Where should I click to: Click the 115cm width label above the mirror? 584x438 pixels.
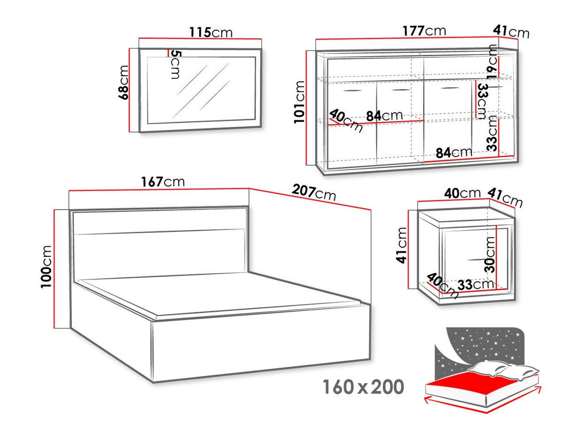point(211,32)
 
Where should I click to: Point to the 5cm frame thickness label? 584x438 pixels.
point(174,65)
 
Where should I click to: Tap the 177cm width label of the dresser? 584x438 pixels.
point(424,31)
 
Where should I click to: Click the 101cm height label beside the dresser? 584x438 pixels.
point(299,102)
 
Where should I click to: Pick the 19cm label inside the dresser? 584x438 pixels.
point(492,61)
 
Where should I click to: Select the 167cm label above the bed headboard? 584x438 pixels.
point(162,181)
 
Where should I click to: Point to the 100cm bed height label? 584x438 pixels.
point(47,267)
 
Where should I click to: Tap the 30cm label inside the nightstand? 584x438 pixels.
point(490,253)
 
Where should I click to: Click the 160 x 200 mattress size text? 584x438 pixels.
point(363,387)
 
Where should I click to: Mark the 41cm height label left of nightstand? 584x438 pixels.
point(402,246)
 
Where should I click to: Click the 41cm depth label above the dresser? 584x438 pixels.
point(511,31)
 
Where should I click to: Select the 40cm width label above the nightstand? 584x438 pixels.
point(463,193)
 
